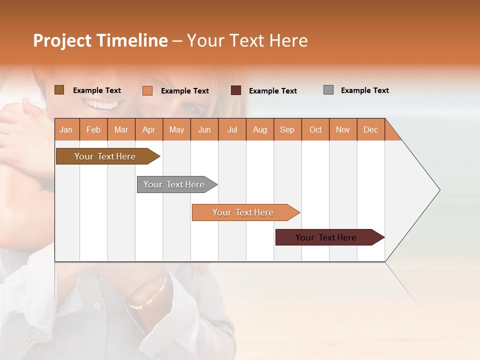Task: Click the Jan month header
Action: coord(66,129)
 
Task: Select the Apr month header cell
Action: coord(148,129)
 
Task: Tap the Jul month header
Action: coord(232,129)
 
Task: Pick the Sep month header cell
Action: coord(287,129)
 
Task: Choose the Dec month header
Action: coord(370,129)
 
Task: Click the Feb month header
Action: coord(93,129)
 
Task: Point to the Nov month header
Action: coord(342,129)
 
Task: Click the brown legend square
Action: coord(59,90)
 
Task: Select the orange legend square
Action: coord(147,90)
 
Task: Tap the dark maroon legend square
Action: coord(235,90)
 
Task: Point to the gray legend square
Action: coord(328,90)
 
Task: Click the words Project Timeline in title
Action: coord(100,40)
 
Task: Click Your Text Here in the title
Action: coord(247,40)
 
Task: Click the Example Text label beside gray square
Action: coord(364,90)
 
